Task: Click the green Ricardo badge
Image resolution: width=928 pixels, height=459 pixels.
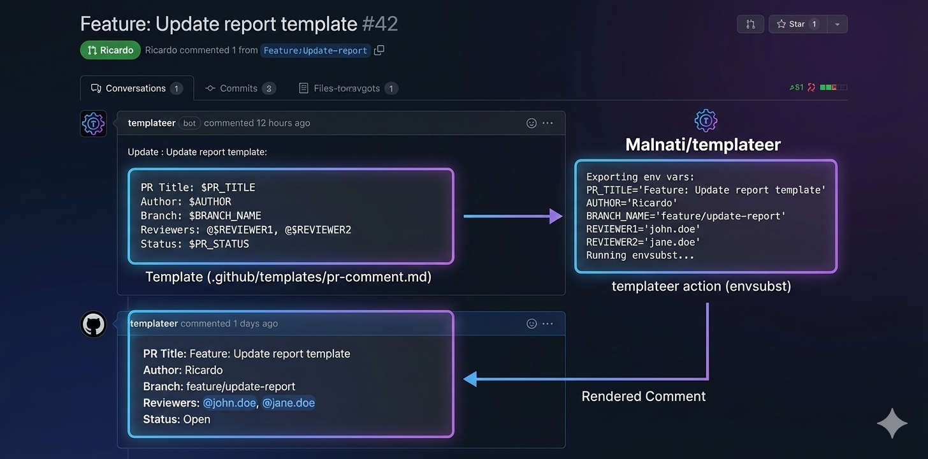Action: click(110, 50)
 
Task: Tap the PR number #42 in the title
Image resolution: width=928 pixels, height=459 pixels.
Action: click(380, 24)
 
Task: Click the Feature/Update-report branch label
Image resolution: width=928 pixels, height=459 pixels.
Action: click(315, 50)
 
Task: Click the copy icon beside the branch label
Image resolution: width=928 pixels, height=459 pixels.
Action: click(379, 50)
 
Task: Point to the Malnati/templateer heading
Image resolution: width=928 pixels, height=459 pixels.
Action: click(703, 145)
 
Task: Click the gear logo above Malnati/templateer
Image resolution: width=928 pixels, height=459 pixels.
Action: click(706, 120)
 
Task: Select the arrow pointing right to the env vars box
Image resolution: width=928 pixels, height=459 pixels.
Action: click(512, 217)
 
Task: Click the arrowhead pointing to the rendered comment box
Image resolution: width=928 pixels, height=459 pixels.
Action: click(470, 379)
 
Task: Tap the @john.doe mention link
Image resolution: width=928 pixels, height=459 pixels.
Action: click(229, 403)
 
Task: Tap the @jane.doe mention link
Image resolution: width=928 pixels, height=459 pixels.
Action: click(289, 403)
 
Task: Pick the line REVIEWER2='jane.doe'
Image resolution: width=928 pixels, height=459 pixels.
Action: click(643, 242)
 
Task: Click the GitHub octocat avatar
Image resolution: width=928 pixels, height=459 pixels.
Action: click(93, 324)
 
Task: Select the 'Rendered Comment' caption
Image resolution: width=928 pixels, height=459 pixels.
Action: click(643, 397)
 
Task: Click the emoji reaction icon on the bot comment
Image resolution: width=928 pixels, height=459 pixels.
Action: click(531, 123)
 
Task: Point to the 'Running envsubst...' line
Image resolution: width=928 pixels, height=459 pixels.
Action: click(640, 255)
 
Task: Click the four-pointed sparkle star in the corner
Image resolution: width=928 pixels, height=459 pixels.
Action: click(892, 424)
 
